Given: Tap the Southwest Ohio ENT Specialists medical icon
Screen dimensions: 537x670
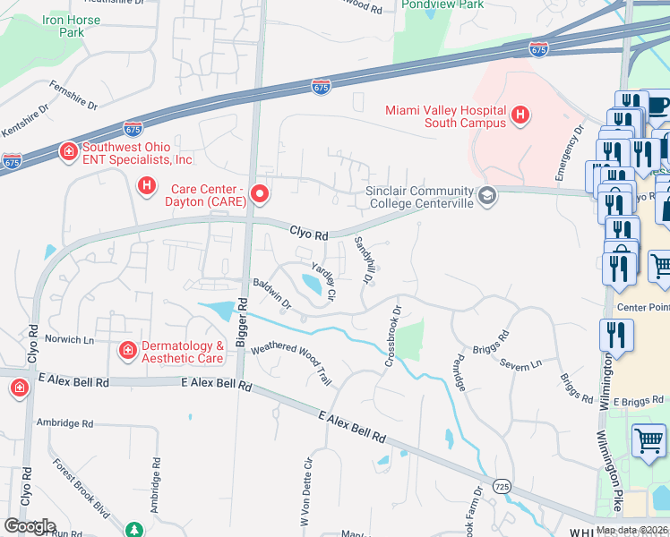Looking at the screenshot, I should (x=67, y=153).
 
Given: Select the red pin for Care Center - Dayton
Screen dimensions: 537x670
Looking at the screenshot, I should (x=260, y=193).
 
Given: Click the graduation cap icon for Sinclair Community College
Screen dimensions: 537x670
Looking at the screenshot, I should (x=487, y=196).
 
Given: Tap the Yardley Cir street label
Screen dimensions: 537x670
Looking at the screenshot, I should (x=322, y=280).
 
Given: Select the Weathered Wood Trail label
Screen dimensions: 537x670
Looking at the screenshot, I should (x=291, y=363).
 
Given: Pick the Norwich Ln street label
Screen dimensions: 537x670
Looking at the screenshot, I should (x=69, y=340).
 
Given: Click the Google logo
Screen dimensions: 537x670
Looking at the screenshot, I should (x=30, y=526).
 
